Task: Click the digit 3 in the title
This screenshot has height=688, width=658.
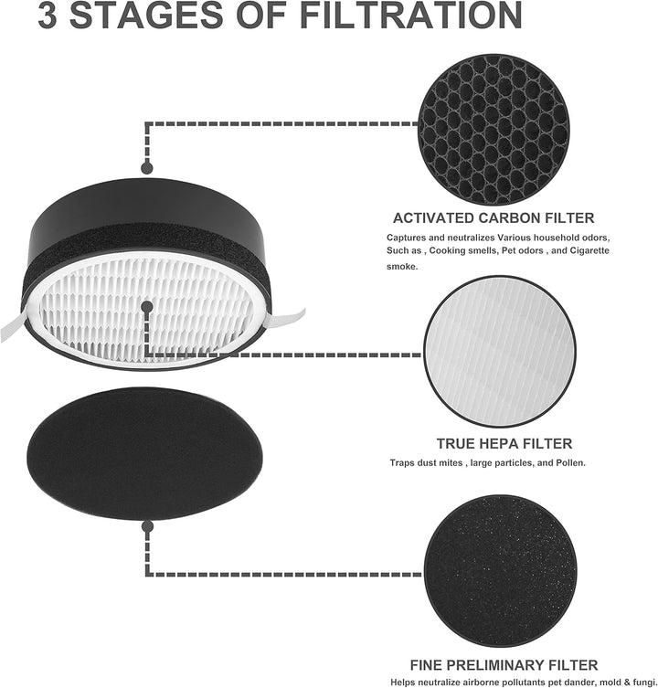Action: (48, 16)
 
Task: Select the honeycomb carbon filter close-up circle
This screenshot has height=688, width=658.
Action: (493, 131)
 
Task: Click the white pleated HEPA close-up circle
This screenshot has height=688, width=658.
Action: (500, 352)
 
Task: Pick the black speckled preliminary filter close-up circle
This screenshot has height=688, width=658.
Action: (500, 571)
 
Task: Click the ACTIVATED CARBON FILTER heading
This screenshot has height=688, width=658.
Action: (493, 218)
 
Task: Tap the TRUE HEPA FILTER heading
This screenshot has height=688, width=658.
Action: (504, 444)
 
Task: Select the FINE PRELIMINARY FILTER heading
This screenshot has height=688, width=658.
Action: (504, 665)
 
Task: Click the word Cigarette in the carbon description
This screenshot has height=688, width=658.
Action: (589, 250)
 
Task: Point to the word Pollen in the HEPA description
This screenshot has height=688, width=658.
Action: (570, 463)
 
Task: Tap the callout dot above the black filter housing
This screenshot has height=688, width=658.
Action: (147, 167)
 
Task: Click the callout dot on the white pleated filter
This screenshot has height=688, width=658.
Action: (147, 307)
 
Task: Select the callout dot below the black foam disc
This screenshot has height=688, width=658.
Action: (147, 526)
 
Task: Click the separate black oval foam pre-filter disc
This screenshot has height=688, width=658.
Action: (145, 452)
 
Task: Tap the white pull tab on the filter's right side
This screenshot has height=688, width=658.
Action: (286, 317)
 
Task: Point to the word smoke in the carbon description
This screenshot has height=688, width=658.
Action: (402, 266)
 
